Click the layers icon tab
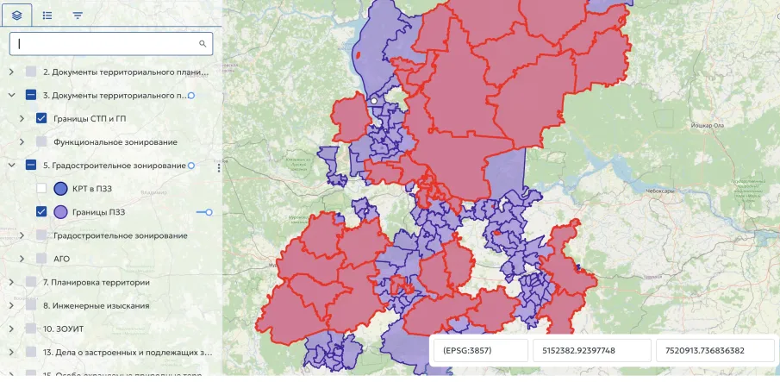click(x=16, y=16)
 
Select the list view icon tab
click(x=47, y=16)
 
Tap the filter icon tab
click(x=78, y=16)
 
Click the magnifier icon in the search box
click(x=203, y=43)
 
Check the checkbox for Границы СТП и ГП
click(x=41, y=118)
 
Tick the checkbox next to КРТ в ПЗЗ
click(x=41, y=188)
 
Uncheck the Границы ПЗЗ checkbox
click(x=41, y=211)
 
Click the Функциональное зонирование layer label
click(x=115, y=141)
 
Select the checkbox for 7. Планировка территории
click(x=32, y=282)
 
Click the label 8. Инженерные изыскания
click(x=97, y=305)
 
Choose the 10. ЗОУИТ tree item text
click(x=68, y=329)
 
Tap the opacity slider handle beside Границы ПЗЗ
click(x=209, y=211)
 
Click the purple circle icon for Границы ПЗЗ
click(x=61, y=211)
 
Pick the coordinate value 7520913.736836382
click(x=714, y=351)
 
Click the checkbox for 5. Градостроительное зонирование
click(x=32, y=165)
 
